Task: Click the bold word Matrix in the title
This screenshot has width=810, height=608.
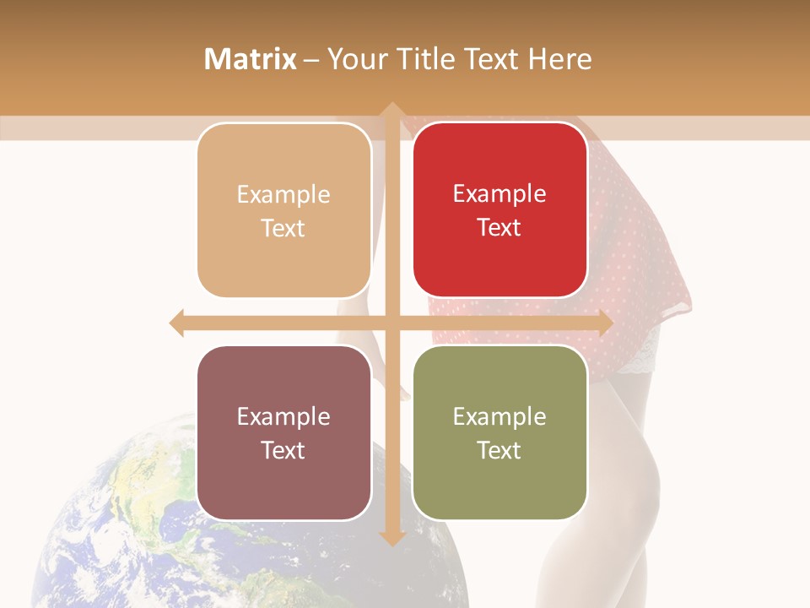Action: (x=250, y=59)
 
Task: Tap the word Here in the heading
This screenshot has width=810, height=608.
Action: (x=559, y=59)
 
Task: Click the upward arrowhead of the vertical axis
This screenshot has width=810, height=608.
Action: (x=391, y=111)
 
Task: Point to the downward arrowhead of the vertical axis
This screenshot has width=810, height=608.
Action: (x=391, y=538)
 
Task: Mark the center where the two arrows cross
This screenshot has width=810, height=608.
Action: (x=391, y=323)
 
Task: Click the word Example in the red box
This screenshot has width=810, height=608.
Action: (x=499, y=193)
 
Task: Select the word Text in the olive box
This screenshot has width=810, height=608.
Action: (x=499, y=450)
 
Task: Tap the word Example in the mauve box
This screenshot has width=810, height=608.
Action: (x=283, y=416)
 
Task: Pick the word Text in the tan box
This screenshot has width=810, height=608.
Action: (x=283, y=228)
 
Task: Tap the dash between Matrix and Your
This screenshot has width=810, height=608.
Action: (x=311, y=60)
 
